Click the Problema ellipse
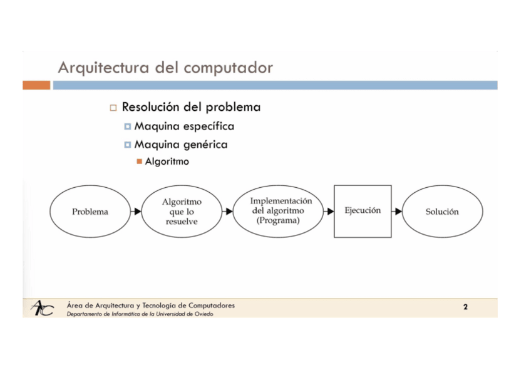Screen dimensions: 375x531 pyautogui.click(x=90, y=212)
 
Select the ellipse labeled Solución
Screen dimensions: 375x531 pyautogui.click(x=442, y=212)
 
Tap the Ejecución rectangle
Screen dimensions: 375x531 pyautogui.click(x=363, y=211)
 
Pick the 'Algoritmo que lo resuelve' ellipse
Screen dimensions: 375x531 pyautogui.click(x=182, y=212)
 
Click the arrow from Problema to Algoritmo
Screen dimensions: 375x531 pyautogui.click(x=136, y=212)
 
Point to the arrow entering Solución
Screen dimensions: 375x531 pyautogui.click(x=397, y=212)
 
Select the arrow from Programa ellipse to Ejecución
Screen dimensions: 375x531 pyautogui.click(x=329, y=212)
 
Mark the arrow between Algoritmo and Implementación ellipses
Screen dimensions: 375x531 pyautogui.click(x=227, y=212)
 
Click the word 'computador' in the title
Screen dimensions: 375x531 pyautogui.click(x=234, y=68)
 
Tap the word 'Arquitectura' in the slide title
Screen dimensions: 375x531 pyautogui.click(x=105, y=68)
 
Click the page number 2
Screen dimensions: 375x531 pyautogui.click(x=465, y=307)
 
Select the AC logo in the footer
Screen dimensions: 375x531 pyautogui.click(x=42, y=308)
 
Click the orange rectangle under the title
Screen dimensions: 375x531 pyautogui.click(x=36, y=85)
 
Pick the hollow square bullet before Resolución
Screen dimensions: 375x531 pyautogui.click(x=113, y=108)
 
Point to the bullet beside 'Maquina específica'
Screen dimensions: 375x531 pyautogui.click(x=128, y=126)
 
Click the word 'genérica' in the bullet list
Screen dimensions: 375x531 pyautogui.click(x=206, y=145)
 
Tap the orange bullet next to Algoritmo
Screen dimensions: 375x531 pyautogui.click(x=140, y=162)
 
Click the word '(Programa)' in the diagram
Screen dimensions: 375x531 pyautogui.click(x=278, y=221)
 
